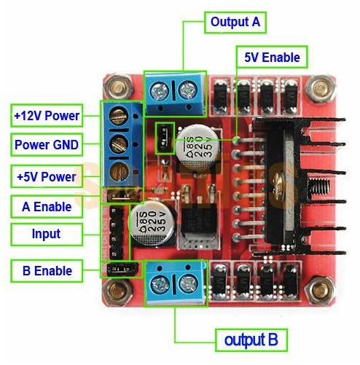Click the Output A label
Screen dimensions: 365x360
(235, 22)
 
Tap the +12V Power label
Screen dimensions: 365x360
(46, 115)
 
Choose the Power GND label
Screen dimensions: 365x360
(46, 144)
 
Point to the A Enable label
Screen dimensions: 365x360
(46, 207)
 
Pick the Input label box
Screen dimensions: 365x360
(46, 235)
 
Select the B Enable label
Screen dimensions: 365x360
(46, 271)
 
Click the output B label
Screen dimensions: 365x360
(251, 340)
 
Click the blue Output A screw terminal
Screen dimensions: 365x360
(174, 92)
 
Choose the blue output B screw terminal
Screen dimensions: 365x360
(175, 279)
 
